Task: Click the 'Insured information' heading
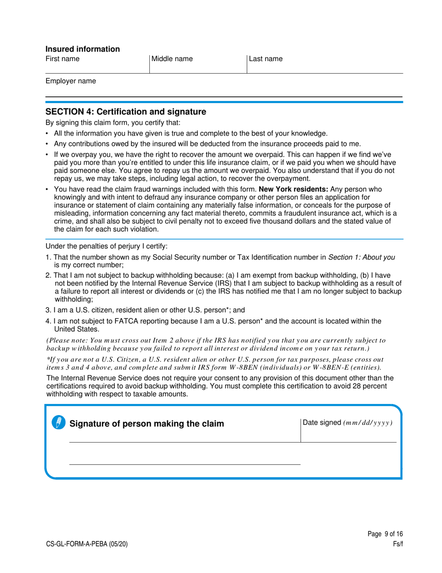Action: [82, 49]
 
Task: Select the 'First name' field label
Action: [62, 59]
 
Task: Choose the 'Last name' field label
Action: [266, 59]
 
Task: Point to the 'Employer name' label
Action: [71, 81]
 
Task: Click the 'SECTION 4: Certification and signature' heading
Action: [126, 112]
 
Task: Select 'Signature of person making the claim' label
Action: [147, 423]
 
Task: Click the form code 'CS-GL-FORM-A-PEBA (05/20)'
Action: [84, 544]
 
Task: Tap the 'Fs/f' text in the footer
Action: [397, 544]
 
